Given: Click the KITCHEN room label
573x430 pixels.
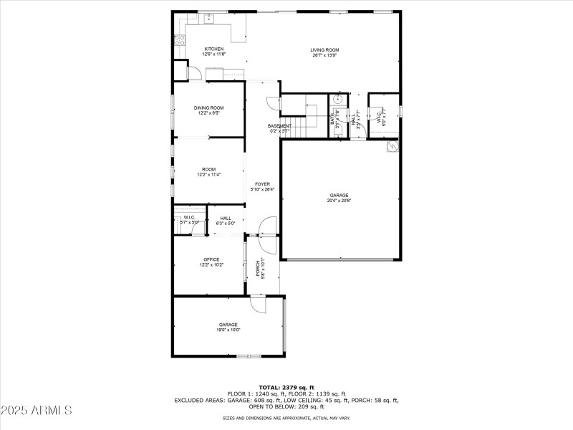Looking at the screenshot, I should (194, 49).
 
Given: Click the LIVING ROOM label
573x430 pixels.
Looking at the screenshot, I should (324, 50).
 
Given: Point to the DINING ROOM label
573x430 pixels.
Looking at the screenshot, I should (208, 107).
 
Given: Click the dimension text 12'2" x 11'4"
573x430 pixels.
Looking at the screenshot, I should (208, 175).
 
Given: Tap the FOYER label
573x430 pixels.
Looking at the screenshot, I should (262, 184).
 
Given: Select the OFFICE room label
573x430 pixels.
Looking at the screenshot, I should (211, 259).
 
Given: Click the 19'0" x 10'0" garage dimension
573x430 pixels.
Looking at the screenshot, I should (228, 330).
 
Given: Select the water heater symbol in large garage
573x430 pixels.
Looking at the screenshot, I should (393, 146).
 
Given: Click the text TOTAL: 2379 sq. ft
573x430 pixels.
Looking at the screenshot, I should (286, 387).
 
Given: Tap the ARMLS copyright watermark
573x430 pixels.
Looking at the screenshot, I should (37, 411).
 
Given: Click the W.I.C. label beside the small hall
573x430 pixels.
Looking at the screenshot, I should (190, 217).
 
